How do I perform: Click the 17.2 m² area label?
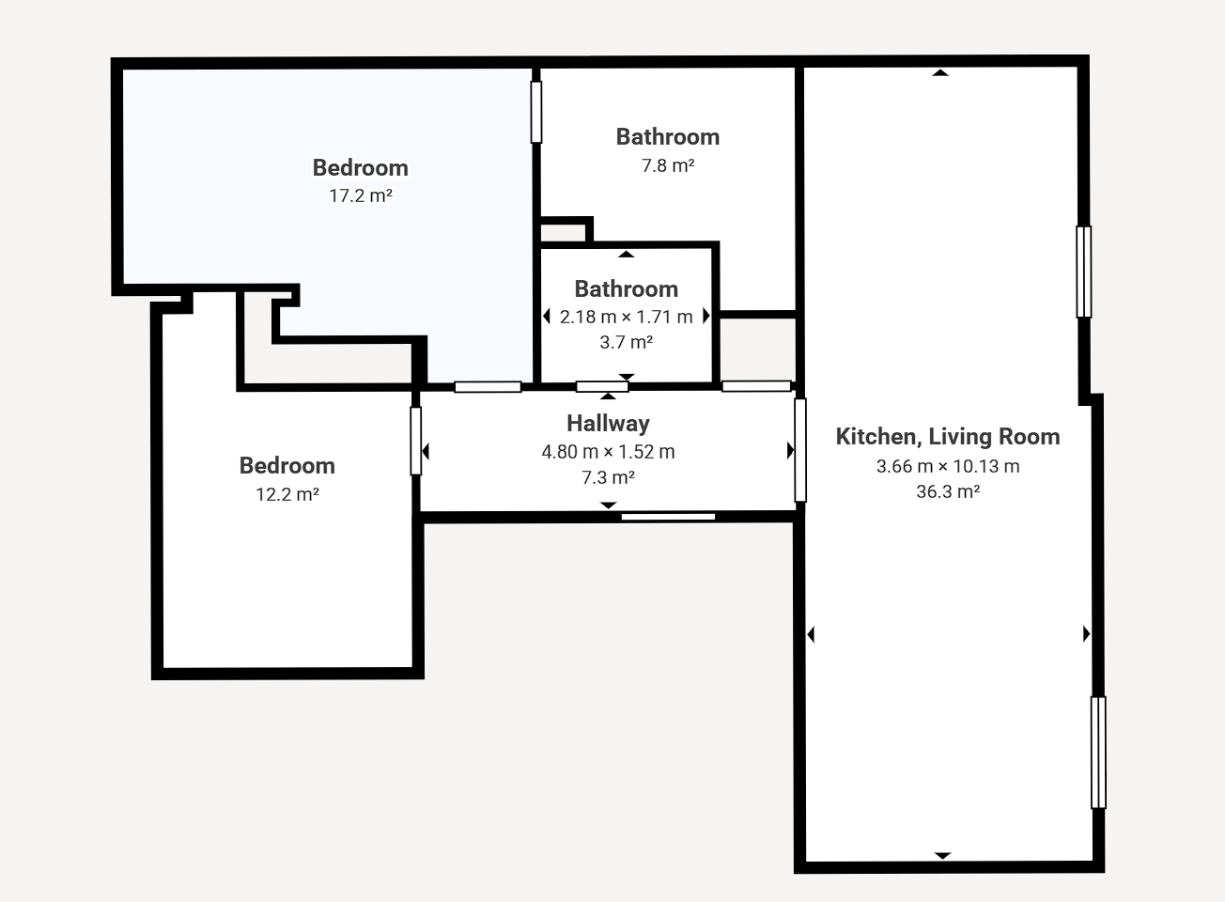click(361, 195)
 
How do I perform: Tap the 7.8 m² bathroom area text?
click(668, 165)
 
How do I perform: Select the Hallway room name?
click(608, 424)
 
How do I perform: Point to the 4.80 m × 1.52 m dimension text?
click(608, 452)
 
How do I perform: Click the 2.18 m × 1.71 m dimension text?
click(627, 317)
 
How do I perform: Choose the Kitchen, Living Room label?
click(948, 437)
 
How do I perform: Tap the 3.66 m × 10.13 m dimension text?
click(948, 466)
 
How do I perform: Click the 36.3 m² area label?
click(948, 491)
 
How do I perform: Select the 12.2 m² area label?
click(287, 494)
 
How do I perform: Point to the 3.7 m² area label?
click(627, 342)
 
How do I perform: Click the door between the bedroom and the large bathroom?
click(536, 112)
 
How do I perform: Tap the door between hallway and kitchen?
click(800, 450)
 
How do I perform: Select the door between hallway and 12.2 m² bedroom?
click(415, 441)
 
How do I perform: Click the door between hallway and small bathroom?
click(602, 387)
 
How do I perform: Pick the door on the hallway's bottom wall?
click(668, 517)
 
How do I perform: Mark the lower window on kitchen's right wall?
click(1098, 752)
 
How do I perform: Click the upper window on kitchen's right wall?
click(1083, 272)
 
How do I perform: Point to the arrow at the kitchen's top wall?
click(940, 72)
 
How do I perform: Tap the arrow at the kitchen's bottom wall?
click(942, 856)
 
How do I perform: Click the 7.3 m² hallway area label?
click(608, 477)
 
